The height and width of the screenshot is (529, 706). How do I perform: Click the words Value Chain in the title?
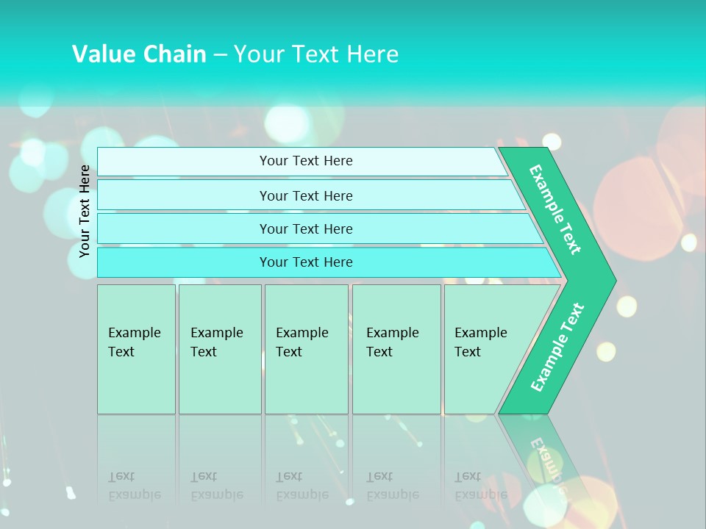pos(139,54)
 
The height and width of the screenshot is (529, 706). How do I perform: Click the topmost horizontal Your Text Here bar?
pos(305,161)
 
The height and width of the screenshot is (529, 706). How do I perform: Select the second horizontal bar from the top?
pos(305,195)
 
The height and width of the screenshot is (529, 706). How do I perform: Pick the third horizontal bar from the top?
pos(305,228)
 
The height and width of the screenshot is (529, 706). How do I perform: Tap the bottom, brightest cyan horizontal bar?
pos(305,262)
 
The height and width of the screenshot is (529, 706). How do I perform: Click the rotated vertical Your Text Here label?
pos(85,211)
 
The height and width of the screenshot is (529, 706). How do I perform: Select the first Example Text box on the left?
pos(135,348)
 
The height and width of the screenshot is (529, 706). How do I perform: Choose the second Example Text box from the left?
pos(218,348)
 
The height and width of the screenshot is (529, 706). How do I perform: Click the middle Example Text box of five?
pos(305,348)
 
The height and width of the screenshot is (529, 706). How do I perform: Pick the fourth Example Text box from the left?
pos(396,348)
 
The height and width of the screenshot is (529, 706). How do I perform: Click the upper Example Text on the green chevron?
pos(556,209)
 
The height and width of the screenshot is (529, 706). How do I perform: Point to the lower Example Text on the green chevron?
pos(557,347)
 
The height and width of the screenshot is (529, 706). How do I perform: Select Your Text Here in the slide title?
pos(316,54)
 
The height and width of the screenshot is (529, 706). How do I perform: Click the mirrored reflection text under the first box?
pos(134,486)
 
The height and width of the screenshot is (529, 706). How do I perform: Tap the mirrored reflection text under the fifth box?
pos(480,486)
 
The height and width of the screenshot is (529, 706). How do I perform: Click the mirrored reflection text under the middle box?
pos(302,486)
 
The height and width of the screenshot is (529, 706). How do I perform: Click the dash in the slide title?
pos(220,54)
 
